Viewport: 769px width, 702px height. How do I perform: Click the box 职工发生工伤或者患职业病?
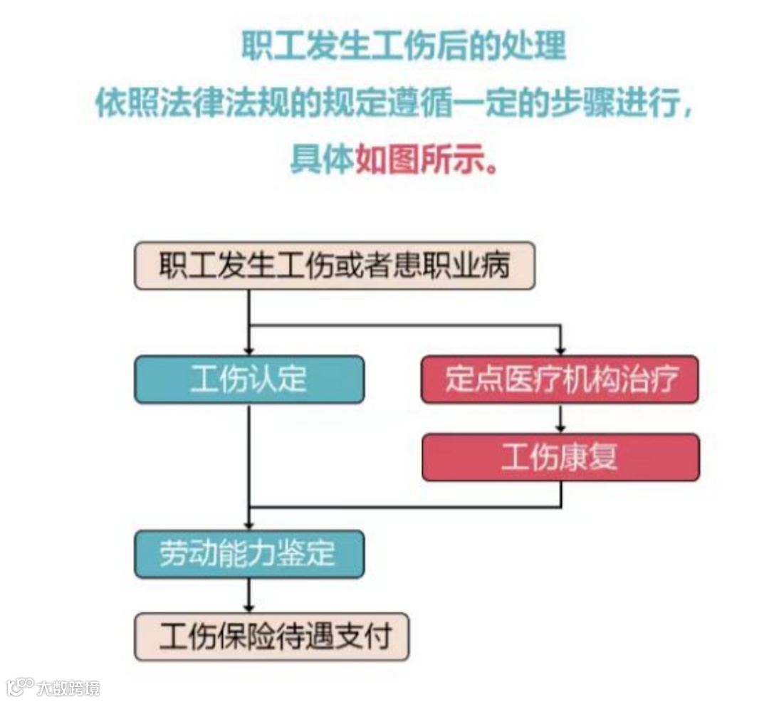[x=334, y=265]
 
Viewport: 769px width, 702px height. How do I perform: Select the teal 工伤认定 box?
[x=249, y=379]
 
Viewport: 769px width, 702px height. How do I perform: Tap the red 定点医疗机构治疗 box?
[x=560, y=379]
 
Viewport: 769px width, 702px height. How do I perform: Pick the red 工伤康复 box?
[x=560, y=457]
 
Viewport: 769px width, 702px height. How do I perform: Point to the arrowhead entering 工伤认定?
[x=249, y=350]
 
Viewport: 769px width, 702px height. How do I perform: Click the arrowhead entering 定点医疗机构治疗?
[x=560, y=350]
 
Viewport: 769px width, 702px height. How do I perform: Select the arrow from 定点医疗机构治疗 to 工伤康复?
[x=560, y=419]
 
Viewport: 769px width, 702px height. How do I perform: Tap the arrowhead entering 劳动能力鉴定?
[x=249, y=523]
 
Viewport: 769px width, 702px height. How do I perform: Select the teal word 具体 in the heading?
[x=321, y=159]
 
